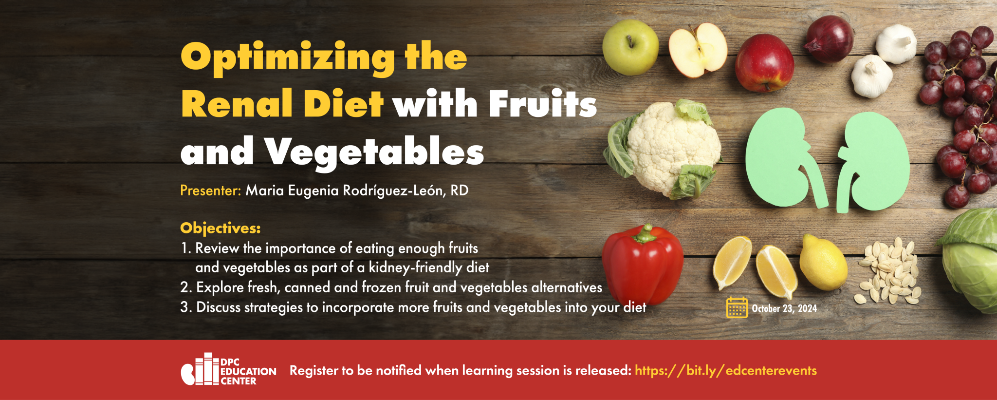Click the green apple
630,48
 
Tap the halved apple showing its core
698,51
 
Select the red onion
829,38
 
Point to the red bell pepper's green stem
646,234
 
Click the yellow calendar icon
737,307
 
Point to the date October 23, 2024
784,308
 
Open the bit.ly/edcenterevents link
726,371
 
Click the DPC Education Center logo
228,369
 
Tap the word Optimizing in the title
288,58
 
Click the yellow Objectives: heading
221,228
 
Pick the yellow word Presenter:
211,190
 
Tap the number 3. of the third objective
186,307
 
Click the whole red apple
764,63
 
